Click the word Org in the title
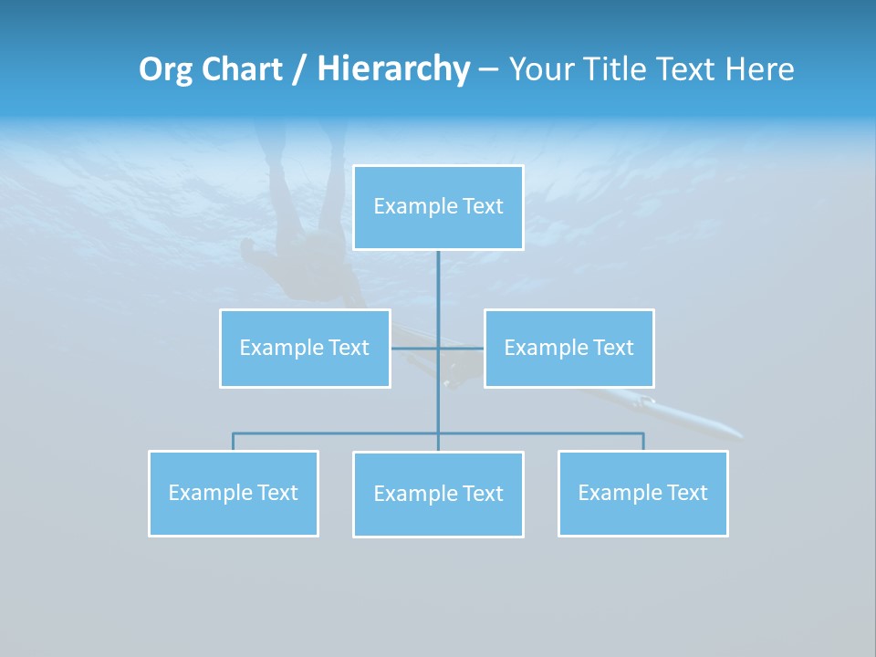[167, 69]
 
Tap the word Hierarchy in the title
[393, 69]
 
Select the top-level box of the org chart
[438, 207]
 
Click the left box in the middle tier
[305, 348]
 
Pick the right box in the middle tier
[568, 348]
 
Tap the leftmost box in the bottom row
[234, 493]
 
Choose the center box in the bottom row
[438, 494]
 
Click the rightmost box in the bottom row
[642, 493]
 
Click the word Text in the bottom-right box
[686, 493]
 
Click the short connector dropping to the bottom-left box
[234, 442]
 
